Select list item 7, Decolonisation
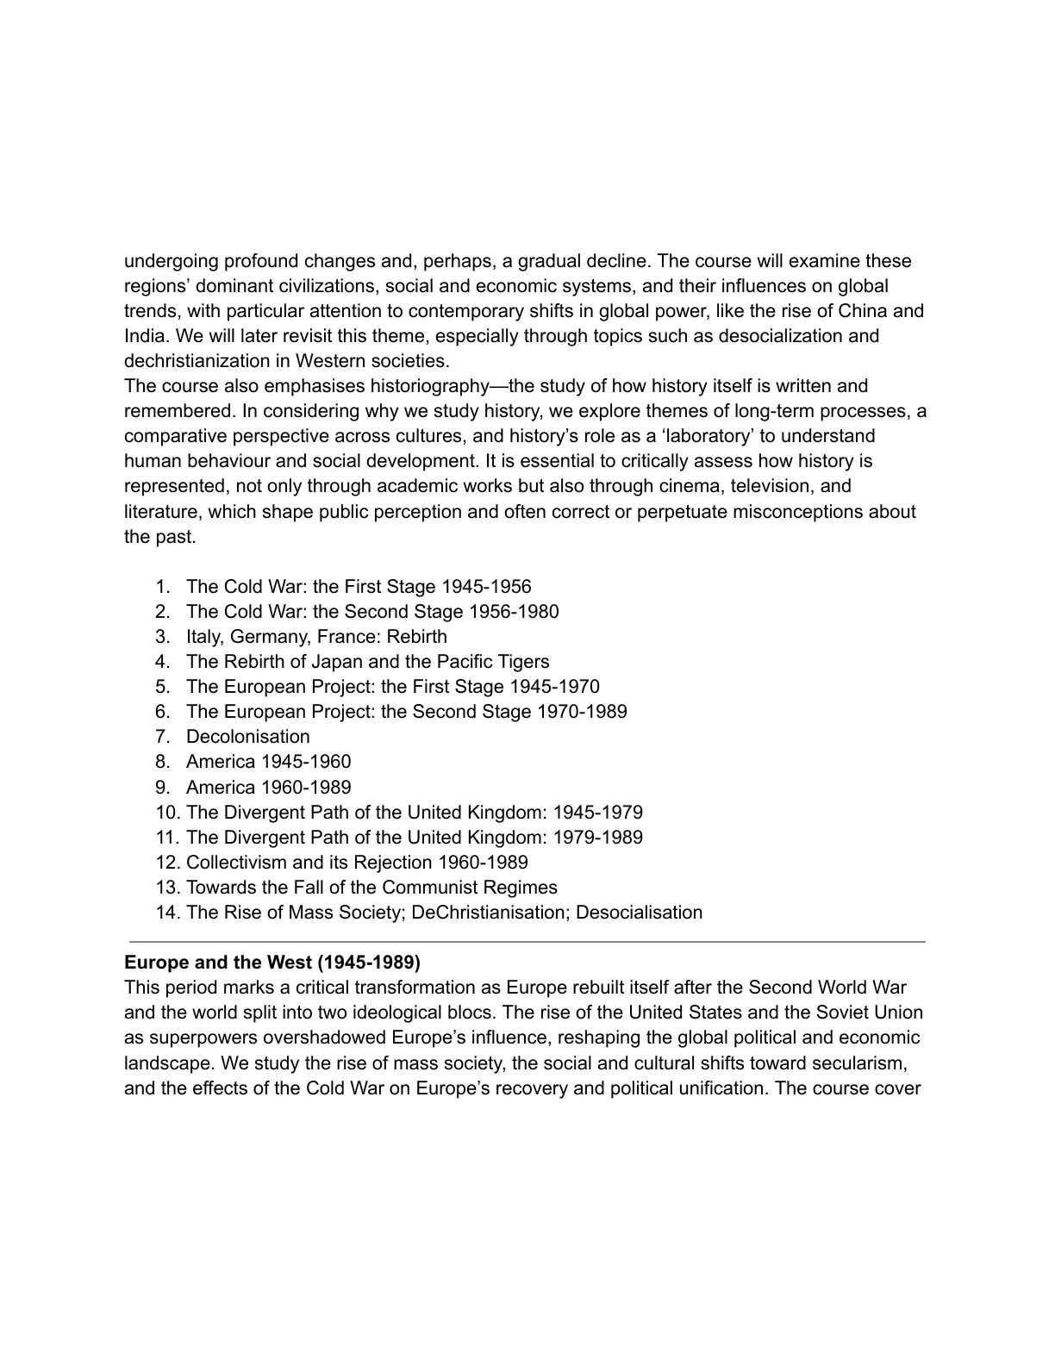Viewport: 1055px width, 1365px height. tap(247, 737)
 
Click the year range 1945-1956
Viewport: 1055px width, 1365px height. tap(486, 587)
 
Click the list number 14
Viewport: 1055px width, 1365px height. tap(167, 913)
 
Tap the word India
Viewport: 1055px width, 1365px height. tap(145, 336)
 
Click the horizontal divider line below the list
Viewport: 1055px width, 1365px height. tap(527, 942)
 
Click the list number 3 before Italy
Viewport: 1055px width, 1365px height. tap(163, 637)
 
